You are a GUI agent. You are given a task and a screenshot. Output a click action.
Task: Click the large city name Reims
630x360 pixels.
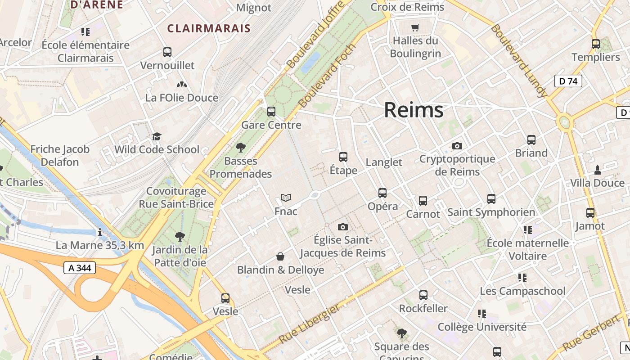pyautogui.click(x=414, y=110)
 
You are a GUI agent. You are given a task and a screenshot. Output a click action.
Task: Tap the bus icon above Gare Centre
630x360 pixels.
pyautogui.click(x=271, y=111)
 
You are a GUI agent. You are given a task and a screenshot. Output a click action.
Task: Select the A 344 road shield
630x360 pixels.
pyautogui.click(x=80, y=268)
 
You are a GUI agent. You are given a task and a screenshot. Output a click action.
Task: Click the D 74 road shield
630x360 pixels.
pyautogui.click(x=568, y=81)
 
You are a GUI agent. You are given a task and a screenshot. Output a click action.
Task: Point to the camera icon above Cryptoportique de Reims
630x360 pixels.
pyautogui.click(x=457, y=146)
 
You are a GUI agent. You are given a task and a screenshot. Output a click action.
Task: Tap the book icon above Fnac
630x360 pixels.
pyautogui.click(x=286, y=198)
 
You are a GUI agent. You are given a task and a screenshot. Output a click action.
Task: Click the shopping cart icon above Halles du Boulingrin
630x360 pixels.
pyautogui.click(x=415, y=27)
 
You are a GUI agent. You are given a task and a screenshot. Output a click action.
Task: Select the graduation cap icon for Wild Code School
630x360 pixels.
pyautogui.click(x=157, y=136)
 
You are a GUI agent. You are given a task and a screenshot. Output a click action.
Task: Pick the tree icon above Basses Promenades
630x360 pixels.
pyautogui.click(x=241, y=147)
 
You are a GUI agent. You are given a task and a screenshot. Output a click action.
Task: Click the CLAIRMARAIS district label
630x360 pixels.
pyautogui.click(x=209, y=29)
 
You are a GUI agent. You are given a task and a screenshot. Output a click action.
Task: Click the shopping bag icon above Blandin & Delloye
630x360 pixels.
pyautogui.click(x=280, y=256)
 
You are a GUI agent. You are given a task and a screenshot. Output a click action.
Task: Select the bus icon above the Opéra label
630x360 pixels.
pyautogui.click(x=382, y=193)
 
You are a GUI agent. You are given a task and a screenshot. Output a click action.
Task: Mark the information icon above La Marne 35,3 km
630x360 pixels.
pyautogui.click(x=100, y=232)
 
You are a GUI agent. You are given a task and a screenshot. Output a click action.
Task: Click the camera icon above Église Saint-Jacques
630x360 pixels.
pyautogui.click(x=343, y=227)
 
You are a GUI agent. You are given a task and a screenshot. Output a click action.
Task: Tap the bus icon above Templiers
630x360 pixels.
pyautogui.click(x=596, y=44)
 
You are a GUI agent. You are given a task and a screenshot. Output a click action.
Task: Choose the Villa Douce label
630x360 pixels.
pyautogui.click(x=597, y=183)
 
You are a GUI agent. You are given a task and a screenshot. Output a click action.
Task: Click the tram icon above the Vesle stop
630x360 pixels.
pyautogui.click(x=225, y=298)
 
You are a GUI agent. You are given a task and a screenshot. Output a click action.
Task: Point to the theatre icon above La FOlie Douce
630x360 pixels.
pyautogui.click(x=181, y=85)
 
